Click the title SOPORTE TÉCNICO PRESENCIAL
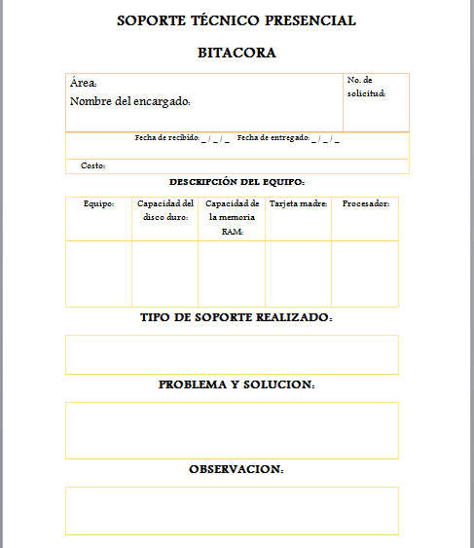click(x=237, y=20)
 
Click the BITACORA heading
click(x=237, y=53)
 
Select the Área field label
click(x=84, y=84)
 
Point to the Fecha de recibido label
click(x=167, y=138)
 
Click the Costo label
click(x=92, y=166)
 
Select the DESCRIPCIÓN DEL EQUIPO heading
click(x=237, y=182)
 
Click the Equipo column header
click(x=98, y=203)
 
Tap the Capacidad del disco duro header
click(x=164, y=210)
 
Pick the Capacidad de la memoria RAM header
click(x=232, y=217)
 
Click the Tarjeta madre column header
click(x=298, y=203)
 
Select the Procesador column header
click(x=366, y=203)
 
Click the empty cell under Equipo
click(x=98, y=274)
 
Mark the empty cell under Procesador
click(x=365, y=274)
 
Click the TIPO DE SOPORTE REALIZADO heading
click(x=237, y=318)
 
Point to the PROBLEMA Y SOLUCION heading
click(x=237, y=385)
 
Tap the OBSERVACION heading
click(x=237, y=470)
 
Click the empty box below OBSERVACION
click(x=232, y=510)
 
